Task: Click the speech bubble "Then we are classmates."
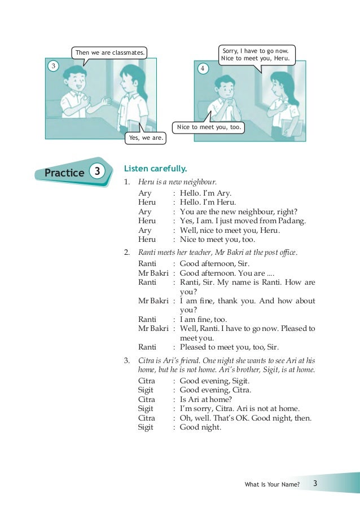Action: tap(110, 53)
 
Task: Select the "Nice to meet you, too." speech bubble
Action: tap(209, 127)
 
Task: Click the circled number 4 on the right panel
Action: tap(203, 69)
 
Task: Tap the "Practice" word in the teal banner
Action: tap(64, 173)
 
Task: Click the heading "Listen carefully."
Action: tap(155, 168)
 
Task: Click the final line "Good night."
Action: tap(200, 427)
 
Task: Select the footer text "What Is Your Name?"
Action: tap(273, 485)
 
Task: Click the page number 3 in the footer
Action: tap(315, 484)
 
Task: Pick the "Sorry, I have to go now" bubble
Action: tap(256, 55)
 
